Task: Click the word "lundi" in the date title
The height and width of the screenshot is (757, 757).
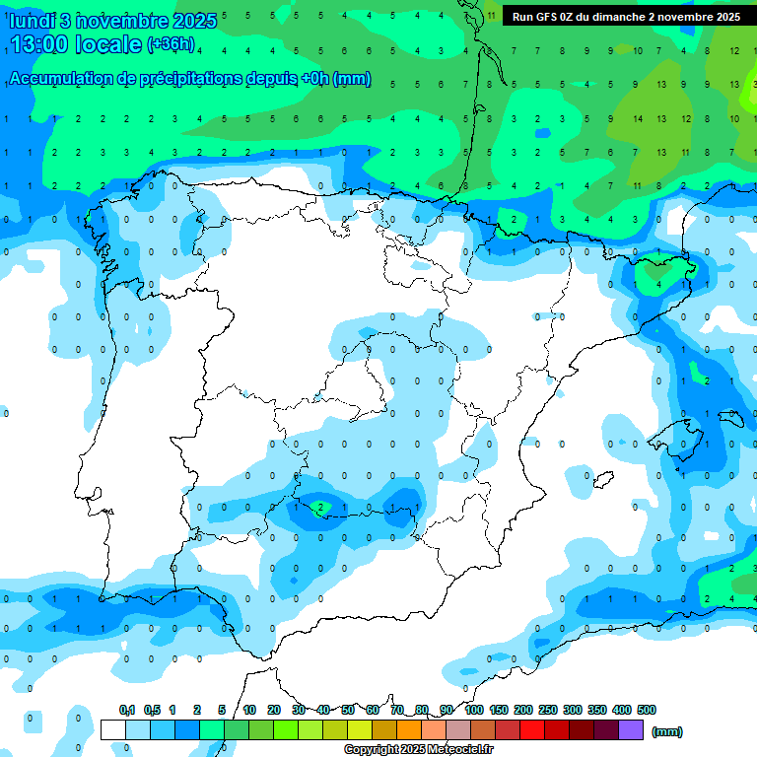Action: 33,21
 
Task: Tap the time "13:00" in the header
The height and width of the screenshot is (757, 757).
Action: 39,44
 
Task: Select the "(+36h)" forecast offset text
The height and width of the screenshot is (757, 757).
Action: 171,44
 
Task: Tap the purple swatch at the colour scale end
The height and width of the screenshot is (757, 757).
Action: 631,729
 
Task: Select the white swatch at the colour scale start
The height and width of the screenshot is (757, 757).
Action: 112,729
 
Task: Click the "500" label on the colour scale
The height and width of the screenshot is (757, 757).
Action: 647,710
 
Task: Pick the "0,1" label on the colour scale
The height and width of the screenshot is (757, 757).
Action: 127,710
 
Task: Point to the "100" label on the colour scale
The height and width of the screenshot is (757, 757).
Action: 473,710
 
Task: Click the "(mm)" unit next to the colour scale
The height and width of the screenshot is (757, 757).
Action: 667,731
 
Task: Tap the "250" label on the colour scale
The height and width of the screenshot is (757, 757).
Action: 548,710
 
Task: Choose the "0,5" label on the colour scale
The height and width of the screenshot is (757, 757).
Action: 152,710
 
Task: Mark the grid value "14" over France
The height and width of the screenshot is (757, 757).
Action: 638,119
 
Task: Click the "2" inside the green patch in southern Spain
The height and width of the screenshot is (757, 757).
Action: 320,509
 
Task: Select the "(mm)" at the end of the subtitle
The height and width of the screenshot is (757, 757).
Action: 352,79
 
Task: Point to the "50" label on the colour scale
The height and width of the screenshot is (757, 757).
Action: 348,710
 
